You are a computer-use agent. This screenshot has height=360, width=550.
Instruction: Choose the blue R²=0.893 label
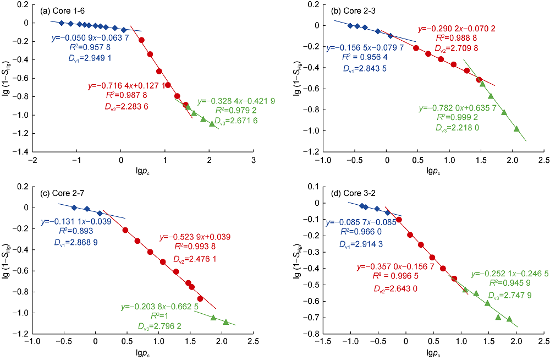point(78,231)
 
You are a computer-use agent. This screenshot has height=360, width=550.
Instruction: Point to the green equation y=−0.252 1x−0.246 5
point(509,273)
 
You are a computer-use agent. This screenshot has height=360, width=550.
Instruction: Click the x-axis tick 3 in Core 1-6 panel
point(253,160)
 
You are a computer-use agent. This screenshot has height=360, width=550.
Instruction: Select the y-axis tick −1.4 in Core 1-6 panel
point(21,151)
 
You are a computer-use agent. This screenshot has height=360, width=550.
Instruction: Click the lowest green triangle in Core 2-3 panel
point(516,129)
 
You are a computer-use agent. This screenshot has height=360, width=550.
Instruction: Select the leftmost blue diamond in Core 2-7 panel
point(74,207)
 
